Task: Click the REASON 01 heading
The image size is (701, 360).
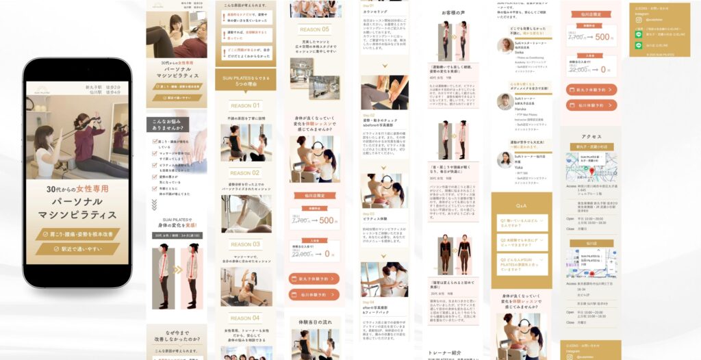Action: [245, 106]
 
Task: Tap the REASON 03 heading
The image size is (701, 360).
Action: [245, 244]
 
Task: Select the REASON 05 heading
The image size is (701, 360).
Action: [315, 29]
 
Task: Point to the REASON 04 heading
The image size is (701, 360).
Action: [245, 318]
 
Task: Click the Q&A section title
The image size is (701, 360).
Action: [522, 205]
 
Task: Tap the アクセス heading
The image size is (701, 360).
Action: [591, 136]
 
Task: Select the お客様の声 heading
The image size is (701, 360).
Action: [453, 13]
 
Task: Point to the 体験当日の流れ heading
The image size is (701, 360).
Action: [315, 321]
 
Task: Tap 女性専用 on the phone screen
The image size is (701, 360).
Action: [92, 188]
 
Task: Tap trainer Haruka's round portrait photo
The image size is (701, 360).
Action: [505, 101]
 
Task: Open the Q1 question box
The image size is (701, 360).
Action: [522, 222]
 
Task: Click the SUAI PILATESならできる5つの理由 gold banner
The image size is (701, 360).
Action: [245, 78]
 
